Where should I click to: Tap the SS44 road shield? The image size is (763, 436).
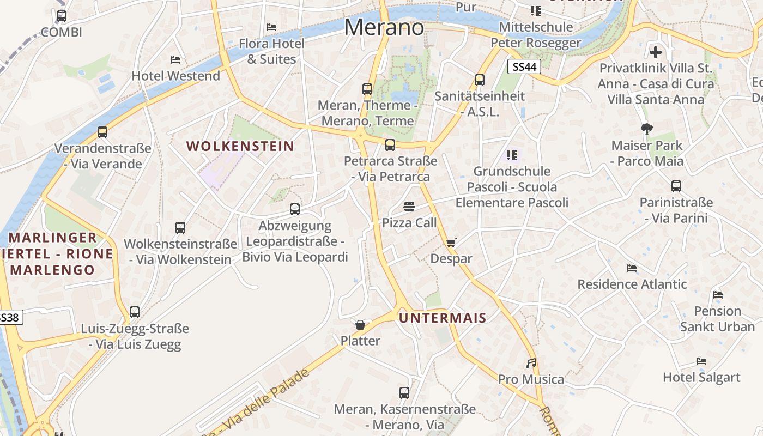click(x=524, y=67)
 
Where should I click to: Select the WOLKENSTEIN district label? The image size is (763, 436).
click(x=240, y=146)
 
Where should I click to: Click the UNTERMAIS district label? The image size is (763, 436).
click(x=443, y=318)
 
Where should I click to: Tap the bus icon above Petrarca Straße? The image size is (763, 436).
click(x=390, y=145)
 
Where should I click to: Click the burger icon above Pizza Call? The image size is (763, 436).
click(x=409, y=207)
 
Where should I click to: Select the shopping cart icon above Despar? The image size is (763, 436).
click(x=451, y=243)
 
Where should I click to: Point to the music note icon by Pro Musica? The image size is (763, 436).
click(x=531, y=363)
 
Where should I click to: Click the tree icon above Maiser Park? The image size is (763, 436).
click(x=647, y=129)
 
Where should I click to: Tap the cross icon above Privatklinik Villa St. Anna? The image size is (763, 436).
click(x=656, y=52)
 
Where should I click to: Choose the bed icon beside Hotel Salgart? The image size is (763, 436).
click(x=701, y=361)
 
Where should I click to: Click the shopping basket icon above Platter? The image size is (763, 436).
click(x=360, y=325)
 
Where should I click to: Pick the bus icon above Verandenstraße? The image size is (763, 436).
click(x=102, y=132)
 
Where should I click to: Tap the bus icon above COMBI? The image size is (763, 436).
click(x=62, y=16)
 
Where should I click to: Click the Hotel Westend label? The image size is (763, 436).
click(x=175, y=76)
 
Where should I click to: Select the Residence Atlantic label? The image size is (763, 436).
click(x=632, y=284)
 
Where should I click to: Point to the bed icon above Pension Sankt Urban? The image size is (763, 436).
click(x=718, y=295)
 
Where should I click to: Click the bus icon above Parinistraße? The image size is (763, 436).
click(x=676, y=186)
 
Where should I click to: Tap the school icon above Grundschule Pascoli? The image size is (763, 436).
click(x=511, y=155)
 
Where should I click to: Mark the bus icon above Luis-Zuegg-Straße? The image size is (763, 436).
click(x=135, y=312)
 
